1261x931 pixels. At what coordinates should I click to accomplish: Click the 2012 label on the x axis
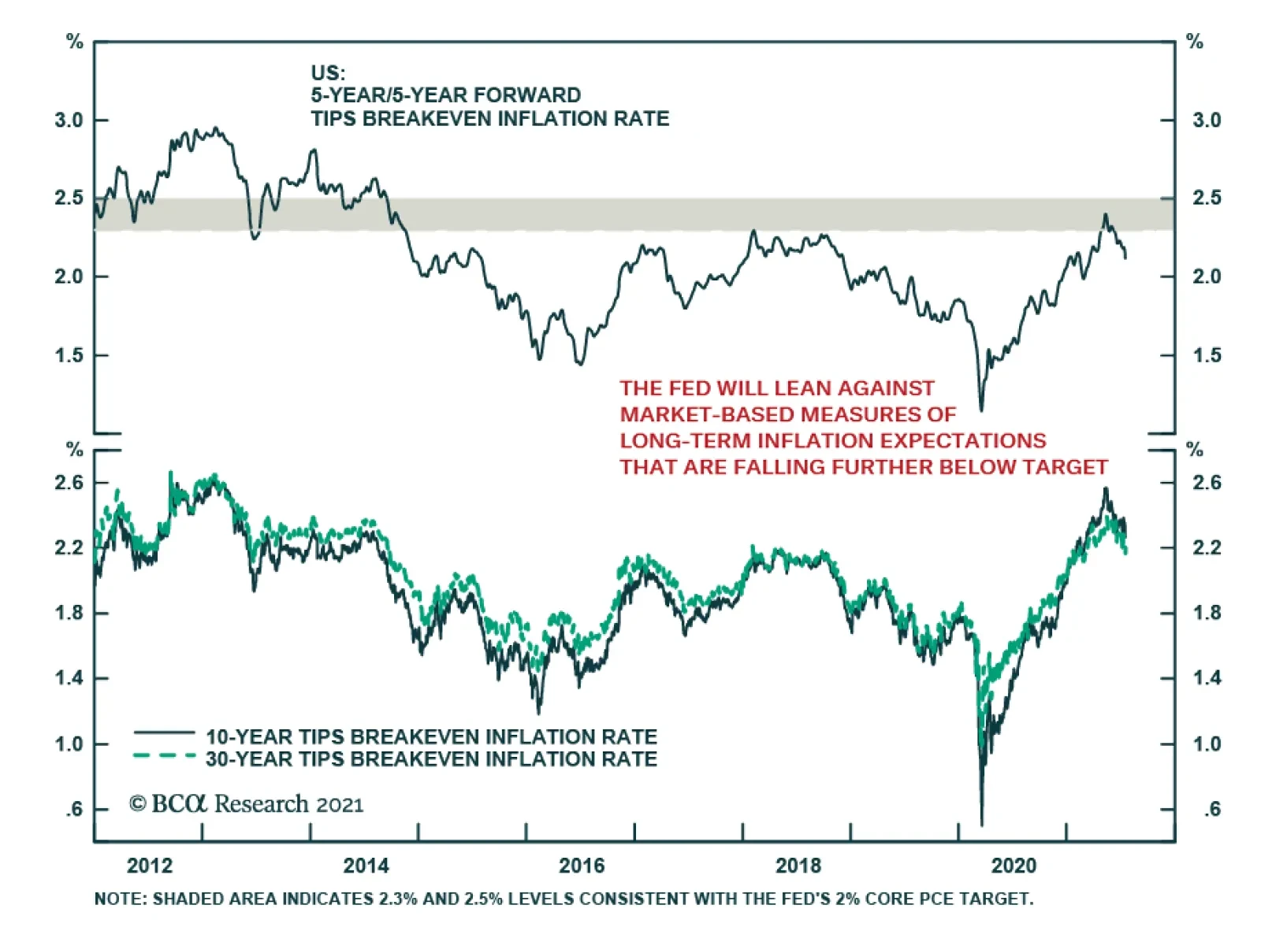pyautogui.click(x=149, y=866)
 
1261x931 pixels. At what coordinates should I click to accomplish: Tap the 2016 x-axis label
pyautogui.click(x=582, y=866)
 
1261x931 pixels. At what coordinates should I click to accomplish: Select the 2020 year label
pyautogui.click(x=1014, y=866)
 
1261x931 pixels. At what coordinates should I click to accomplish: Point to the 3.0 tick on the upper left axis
pyautogui.click(x=69, y=121)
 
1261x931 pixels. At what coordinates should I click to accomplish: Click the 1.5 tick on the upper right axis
pyautogui.click(x=1207, y=355)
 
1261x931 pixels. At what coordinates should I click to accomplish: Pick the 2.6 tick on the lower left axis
pyautogui.click(x=69, y=482)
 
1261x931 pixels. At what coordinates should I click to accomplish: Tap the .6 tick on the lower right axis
pyautogui.click(x=1211, y=809)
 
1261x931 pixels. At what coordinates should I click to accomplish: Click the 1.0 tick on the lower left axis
pyautogui.click(x=69, y=744)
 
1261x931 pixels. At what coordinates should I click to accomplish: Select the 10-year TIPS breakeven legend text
pyautogui.click(x=431, y=736)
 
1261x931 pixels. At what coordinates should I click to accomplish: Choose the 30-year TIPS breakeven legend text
pyautogui.click(x=431, y=759)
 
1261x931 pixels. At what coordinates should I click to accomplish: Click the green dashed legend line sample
pyautogui.click(x=164, y=756)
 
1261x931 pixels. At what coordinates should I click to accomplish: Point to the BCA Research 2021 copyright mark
pyautogui.click(x=246, y=804)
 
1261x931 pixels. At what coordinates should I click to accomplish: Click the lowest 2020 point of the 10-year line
pyautogui.click(x=981, y=824)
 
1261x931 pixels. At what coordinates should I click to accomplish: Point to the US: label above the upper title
pyautogui.click(x=328, y=73)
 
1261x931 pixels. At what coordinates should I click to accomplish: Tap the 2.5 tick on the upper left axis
pyautogui.click(x=69, y=198)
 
